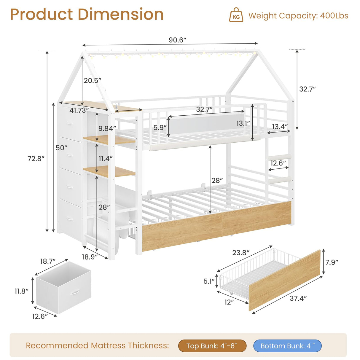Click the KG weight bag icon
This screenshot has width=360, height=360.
[x=236, y=15]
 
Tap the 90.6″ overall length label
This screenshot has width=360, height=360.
[x=177, y=40]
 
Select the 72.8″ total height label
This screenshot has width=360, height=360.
[x=36, y=159]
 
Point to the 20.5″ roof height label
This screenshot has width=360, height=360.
[x=93, y=80]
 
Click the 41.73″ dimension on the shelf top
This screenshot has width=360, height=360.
[x=79, y=110]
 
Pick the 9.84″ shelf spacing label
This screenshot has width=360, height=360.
[x=107, y=128]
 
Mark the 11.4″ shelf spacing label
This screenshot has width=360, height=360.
[x=106, y=159]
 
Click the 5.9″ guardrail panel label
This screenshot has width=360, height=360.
[x=160, y=128]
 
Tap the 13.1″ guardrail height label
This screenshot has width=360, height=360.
[x=243, y=123]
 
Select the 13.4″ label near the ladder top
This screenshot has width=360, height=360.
[x=280, y=127]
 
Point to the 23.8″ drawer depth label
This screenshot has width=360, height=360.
[x=241, y=253]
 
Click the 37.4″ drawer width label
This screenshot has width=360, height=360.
[x=298, y=298]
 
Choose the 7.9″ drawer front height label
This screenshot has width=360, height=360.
[x=332, y=262]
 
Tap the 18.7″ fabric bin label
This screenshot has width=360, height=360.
[x=48, y=261]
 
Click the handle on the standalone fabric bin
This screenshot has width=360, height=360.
[x=75, y=292]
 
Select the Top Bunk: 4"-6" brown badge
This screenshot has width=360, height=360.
[x=212, y=346]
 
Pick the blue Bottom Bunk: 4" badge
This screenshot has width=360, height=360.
[x=287, y=346]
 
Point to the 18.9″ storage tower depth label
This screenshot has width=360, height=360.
[x=90, y=257]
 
